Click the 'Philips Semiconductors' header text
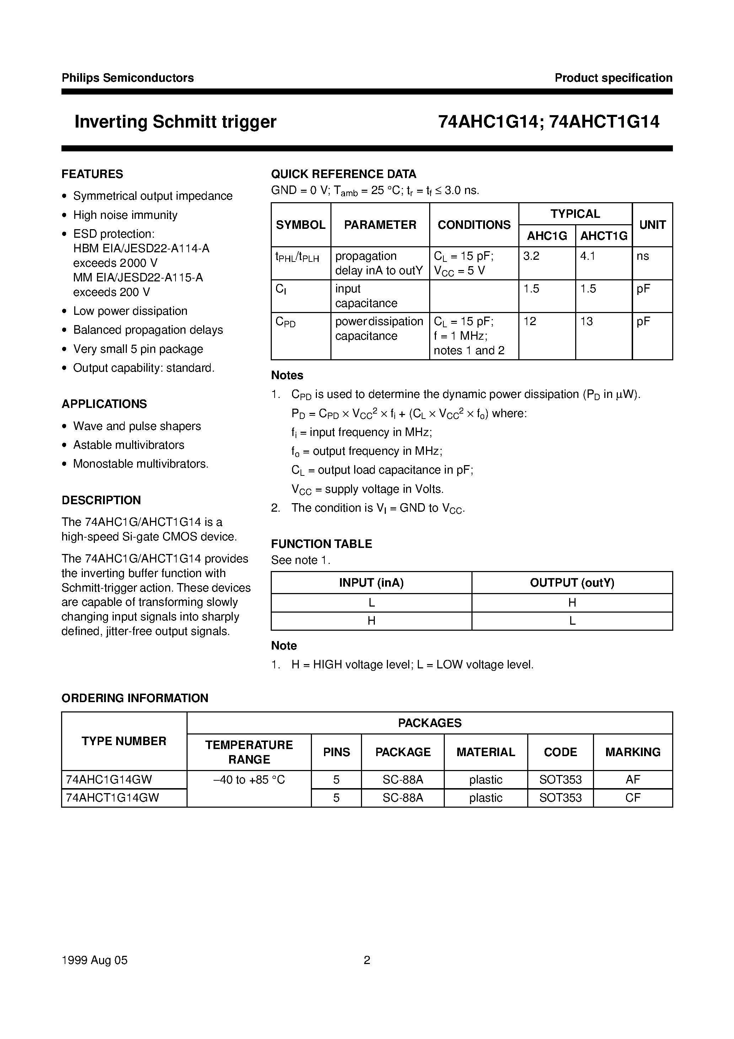[128, 78]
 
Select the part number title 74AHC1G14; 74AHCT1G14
[549, 122]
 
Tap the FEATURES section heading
[92, 174]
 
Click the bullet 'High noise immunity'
[125, 215]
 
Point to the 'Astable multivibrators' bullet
[129, 445]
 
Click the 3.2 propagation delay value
[531, 256]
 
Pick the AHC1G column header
[547, 236]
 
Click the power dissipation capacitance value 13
[587, 321]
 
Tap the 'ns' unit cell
[643, 256]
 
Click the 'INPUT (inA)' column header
[371, 583]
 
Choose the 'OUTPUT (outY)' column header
[572, 583]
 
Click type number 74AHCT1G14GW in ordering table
[113, 798]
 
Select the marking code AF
[633, 780]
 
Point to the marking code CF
[633, 798]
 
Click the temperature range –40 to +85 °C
[249, 780]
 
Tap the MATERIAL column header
[486, 752]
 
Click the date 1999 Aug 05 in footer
[95, 960]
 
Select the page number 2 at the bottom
[367, 960]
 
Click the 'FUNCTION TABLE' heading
[321, 544]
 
